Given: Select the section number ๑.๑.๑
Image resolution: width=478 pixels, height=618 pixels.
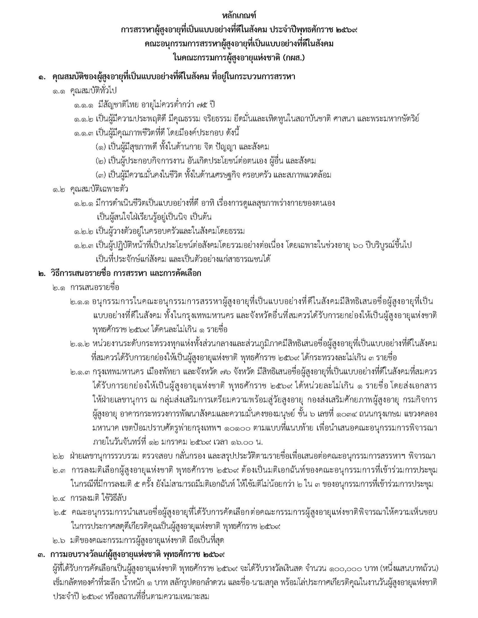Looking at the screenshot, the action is tap(84, 105).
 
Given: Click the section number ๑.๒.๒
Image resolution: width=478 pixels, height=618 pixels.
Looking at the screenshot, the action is tap(84, 231).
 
